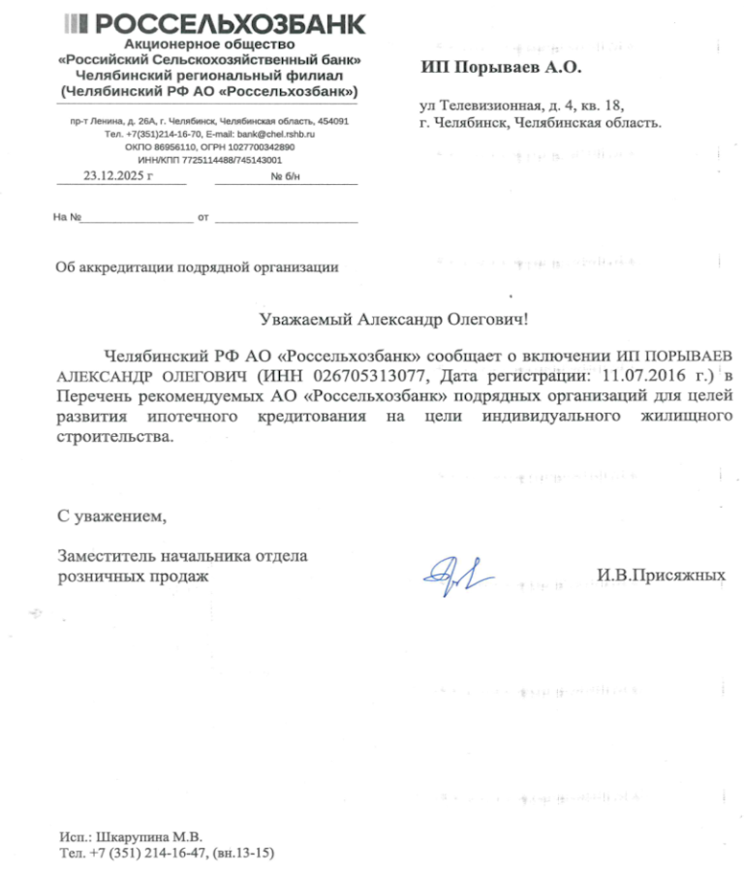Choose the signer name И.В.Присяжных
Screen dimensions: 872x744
click(661, 575)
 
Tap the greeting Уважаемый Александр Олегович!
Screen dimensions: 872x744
click(395, 318)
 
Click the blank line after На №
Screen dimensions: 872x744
click(137, 217)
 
